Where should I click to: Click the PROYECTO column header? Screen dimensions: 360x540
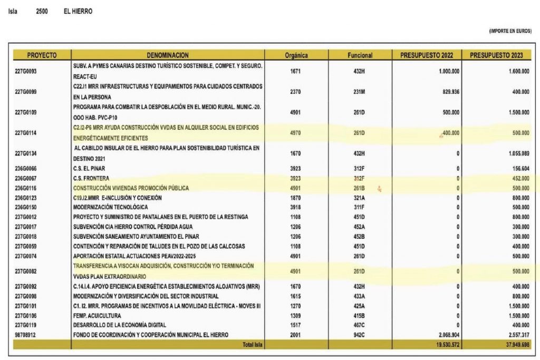pos(42,55)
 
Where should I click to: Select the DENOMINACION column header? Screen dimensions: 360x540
pos(168,55)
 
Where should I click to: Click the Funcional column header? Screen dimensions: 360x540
pos(360,55)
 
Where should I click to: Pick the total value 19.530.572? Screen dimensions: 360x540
pos(445,345)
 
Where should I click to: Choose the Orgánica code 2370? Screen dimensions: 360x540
pos(295,92)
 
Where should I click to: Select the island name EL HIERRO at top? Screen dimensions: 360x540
pos(78,11)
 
